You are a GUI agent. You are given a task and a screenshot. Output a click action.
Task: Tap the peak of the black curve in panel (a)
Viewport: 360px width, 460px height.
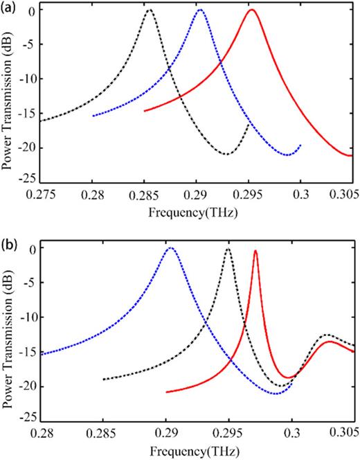click(149, 10)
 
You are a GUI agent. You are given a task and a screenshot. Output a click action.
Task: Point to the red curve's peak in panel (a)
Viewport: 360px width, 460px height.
click(252, 10)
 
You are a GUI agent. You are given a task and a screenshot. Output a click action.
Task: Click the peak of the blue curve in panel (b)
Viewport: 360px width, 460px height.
click(170, 248)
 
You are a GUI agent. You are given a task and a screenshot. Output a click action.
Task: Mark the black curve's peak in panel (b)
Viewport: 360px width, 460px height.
click(228, 249)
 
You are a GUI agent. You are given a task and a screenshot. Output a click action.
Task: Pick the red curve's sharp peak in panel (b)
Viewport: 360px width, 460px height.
click(256, 251)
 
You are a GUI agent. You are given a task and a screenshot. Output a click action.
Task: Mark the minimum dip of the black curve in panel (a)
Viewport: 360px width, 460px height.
click(227, 154)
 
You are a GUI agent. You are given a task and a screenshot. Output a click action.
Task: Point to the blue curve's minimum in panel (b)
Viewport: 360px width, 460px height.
click(276, 393)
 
